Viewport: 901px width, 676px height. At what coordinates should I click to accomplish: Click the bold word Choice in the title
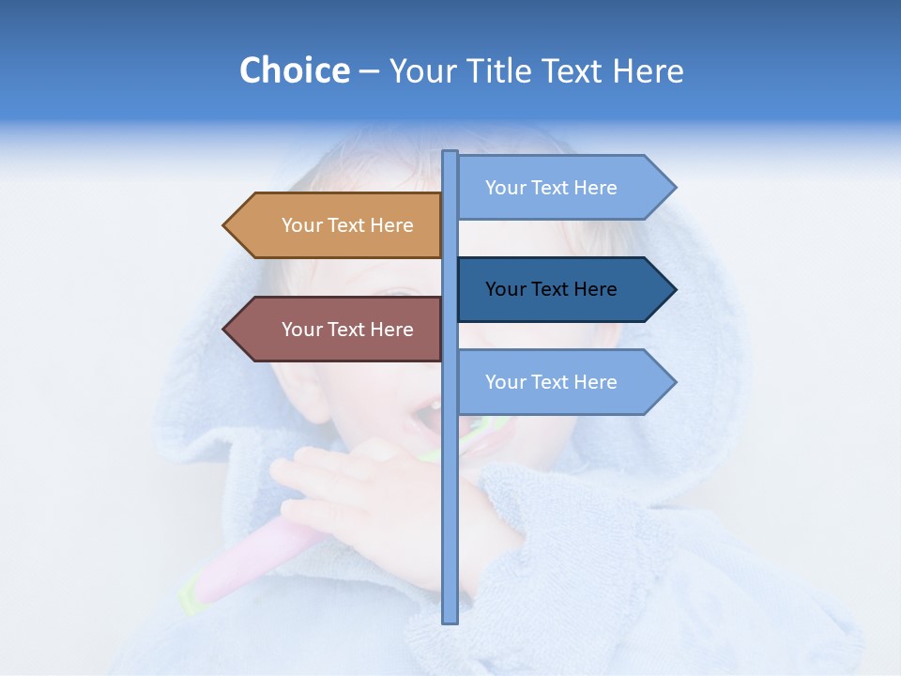[294, 70]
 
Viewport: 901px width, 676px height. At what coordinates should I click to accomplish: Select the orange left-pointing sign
[338, 225]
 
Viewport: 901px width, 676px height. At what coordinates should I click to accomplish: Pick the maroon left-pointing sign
[338, 330]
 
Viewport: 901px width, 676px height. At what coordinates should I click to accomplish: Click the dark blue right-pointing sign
[563, 289]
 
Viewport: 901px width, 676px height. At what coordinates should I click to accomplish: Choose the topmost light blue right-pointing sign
[563, 188]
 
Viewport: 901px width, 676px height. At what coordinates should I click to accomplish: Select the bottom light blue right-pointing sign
[563, 382]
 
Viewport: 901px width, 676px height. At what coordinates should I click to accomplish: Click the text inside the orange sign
[347, 225]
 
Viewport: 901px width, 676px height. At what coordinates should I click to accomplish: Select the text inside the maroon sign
[347, 330]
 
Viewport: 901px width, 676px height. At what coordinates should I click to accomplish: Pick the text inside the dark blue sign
[551, 289]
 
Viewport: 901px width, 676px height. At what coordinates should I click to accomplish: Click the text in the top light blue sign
[551, 188]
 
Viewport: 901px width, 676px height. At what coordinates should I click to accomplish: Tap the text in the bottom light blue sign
[551, 382]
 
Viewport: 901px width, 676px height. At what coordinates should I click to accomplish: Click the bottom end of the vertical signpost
[450, 620]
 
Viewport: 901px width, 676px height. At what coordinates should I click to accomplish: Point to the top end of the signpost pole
[450, 154]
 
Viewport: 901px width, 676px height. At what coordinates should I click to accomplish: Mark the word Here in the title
[649, 70]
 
